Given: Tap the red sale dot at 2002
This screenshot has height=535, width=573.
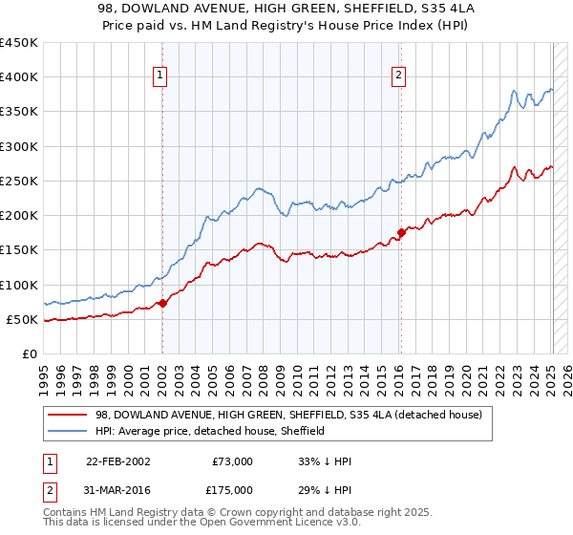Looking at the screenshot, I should (x=162, y=303).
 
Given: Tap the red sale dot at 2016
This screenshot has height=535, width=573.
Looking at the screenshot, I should (x=401, y=232).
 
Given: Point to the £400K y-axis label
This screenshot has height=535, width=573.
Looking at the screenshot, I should (x=19, y=77).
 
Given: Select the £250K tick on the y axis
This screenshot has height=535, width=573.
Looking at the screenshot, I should (x=19, y=181).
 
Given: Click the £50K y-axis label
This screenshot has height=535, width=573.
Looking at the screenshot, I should (x=23, y=319).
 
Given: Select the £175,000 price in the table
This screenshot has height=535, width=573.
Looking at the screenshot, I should (x=232, y=490).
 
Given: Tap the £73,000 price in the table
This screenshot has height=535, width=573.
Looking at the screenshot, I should (x=232, y=461).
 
